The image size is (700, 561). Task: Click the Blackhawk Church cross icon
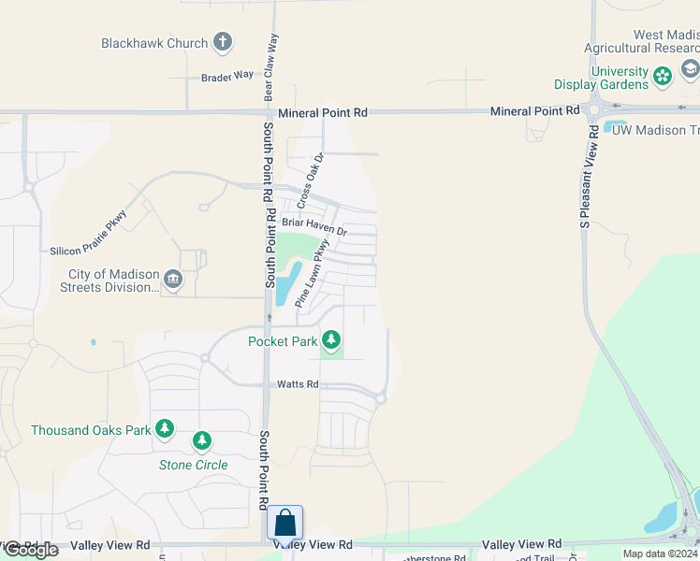[222, 42]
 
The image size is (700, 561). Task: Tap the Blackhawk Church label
[154, 43]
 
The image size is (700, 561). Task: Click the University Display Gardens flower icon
[663, 76]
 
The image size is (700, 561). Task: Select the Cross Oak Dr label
[310, 180]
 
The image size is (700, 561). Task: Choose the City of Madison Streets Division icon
[172, 280]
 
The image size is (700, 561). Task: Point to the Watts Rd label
[298, 384]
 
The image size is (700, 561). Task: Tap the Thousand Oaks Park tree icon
[165, 429]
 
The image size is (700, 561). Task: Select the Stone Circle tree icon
[201, 440]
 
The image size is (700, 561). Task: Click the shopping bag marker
[285, 524]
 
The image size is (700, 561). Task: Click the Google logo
[30, 550]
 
